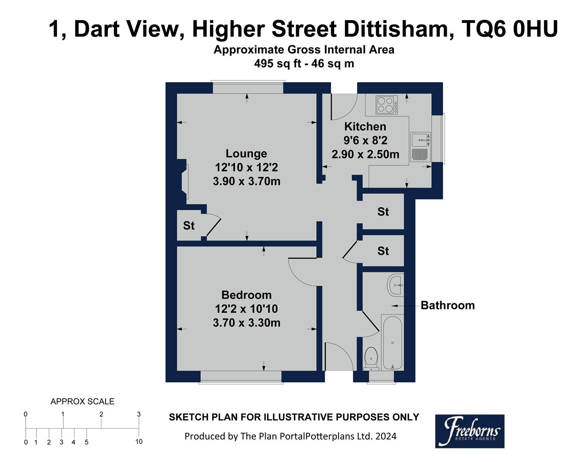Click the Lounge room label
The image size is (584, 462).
[246, 154]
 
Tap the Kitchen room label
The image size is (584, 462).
[365, 127]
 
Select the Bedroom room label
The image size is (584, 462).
[246, 295]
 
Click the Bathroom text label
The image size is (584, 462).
[448, 305]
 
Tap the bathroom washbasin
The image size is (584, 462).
[395, 285]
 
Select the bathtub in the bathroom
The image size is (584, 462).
[392, 342]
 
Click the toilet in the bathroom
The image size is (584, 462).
[371, 358]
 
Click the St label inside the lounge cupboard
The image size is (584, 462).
[189, 225]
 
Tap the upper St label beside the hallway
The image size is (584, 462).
[383, 212]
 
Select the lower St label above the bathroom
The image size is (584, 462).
[383, 251]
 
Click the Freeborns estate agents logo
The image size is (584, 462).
[469, 431]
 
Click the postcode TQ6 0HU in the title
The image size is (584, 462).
[510, 29]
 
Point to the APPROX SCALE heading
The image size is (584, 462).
[83, 402]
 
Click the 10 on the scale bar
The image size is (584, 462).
[139, 441]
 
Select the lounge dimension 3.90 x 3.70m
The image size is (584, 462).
[246, 181]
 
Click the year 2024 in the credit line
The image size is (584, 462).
[386, 436]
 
